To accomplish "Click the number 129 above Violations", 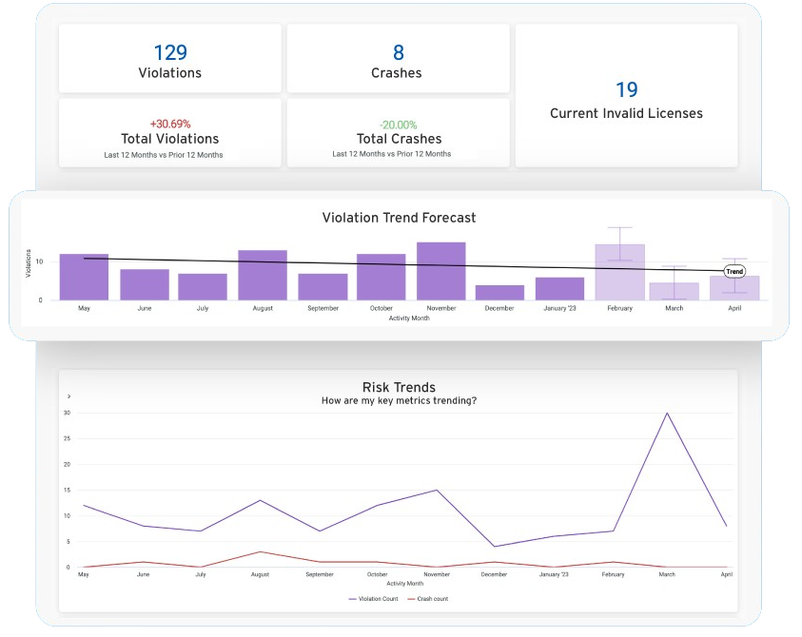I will click(x=170, y=52).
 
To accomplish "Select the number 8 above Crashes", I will click(x=398, y=52).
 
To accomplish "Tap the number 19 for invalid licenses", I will click(x=626, y=89).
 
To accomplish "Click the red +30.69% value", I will click(x=170, y=124).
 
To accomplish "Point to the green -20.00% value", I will click(x=398, y=125).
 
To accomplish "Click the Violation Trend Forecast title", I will click(x=399, y=218).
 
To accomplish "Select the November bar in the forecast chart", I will click(x=440, y=271).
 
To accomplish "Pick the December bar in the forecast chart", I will click(x=499, y=292).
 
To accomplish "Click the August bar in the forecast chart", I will click(x=263, y=275).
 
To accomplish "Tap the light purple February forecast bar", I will click(x=619, y=272).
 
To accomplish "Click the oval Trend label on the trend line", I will click(x=734, y=271).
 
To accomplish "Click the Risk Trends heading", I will click(x=399, y=387).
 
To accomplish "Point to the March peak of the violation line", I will click(x=666, y=413).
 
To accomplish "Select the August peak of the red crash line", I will click(x=260, y=551).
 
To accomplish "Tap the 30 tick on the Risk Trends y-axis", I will click(x=68, y=413).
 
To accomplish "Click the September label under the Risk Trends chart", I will click(x=319, y=575).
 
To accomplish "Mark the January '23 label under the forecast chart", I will click(x=559, y=308).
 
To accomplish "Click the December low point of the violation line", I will click(x=494, y=547).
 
